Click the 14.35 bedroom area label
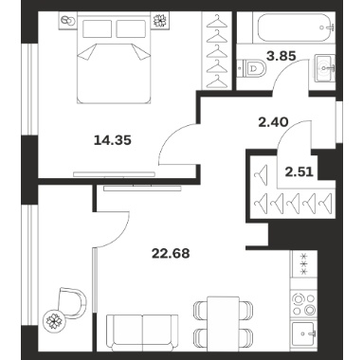(x=113, y=140)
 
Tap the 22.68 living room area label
(x=171, y=253)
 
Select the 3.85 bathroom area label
(x=281, y=56)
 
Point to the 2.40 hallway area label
(x=273, y=121)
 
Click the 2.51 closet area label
(x=299, y=172)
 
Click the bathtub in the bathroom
(x=296, y=27)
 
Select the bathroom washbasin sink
(x=325, y=67)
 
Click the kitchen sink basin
(x=304, y=333)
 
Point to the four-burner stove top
(x=303, y=304)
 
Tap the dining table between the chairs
(x=223, y=323)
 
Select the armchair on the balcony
(x=73, y=302)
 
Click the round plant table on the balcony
(x=54, y=319)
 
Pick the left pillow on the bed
(x=98, y=28)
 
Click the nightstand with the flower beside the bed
(x=160, y=21)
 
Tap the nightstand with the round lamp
(x=67, y=21)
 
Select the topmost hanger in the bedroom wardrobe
(x=217, y=21)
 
